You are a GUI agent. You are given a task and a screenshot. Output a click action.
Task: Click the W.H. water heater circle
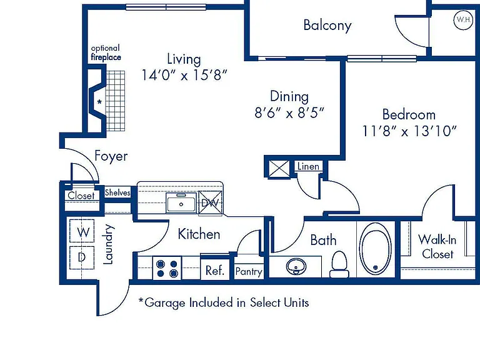(463, 20)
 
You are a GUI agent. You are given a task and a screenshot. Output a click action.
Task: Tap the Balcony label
(327, 26)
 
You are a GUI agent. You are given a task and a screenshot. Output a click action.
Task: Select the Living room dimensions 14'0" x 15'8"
(184, 75)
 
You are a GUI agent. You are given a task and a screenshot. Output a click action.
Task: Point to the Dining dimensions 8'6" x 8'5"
(289, 112)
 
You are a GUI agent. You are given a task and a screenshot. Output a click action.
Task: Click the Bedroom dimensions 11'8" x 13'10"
(409, 131)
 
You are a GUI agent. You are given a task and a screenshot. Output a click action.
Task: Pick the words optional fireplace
(106, 52)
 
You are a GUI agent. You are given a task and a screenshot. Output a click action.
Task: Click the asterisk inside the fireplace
(99, 102)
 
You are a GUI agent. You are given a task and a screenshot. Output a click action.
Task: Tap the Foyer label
(111, 156)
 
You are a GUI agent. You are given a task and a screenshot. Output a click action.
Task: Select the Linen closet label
(308, 166)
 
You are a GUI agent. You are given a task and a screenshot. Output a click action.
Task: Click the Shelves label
(117, 192)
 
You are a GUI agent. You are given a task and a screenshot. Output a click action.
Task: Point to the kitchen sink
(181, 202)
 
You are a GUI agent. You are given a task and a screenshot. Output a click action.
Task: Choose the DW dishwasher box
(210, 202)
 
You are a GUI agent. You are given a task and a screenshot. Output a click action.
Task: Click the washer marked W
(82, 231)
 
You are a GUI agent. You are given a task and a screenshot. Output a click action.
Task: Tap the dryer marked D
(82, 257)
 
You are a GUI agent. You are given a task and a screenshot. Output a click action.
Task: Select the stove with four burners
(167, 268)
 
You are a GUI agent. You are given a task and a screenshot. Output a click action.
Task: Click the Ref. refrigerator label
(215, 271)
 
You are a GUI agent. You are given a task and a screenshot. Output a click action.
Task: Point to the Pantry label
(249, 271)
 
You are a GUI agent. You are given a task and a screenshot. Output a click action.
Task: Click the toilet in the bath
(339, 264)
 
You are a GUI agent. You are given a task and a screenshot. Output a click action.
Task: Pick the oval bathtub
(375, 249)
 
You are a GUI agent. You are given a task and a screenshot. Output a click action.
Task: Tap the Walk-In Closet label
(437, 246)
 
